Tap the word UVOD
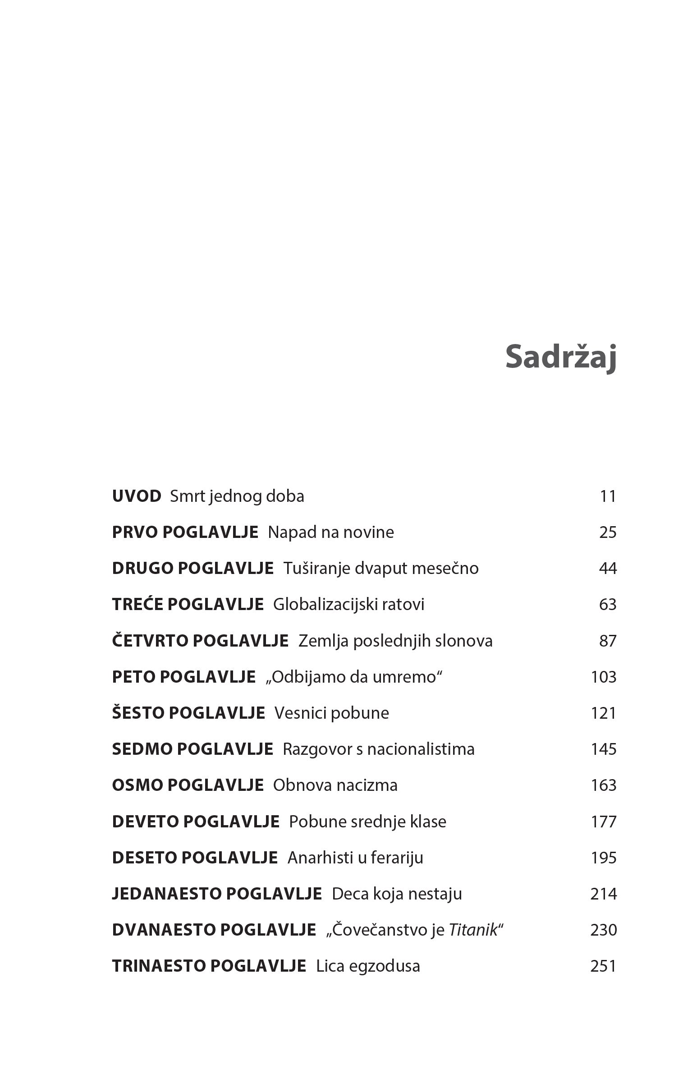[x=136, y=496]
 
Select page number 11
[x=608, y=496]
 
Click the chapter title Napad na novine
[x=331, y=532]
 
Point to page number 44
[x=607, y=568]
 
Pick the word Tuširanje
[x=316, y=568]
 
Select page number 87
[x=607, y=641]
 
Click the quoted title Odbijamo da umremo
[x=354, y=677]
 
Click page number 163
[x=603, y=785]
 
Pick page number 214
[x=603, y=894]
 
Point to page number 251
[x=603, y=966]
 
